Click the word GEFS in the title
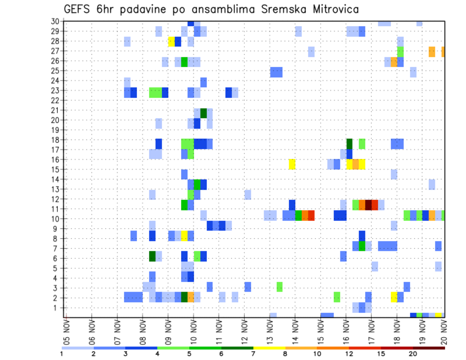click(x=77, y=10)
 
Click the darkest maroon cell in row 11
click(x=368, y=205)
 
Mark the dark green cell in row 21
click(x=203, y=113)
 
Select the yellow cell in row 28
click(x=171, y=41)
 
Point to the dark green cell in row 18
click(x=349, y=144)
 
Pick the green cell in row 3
click(x=280, y=287)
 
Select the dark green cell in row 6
click(x=152, y=256)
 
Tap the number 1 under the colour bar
click(x=62, y=354)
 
